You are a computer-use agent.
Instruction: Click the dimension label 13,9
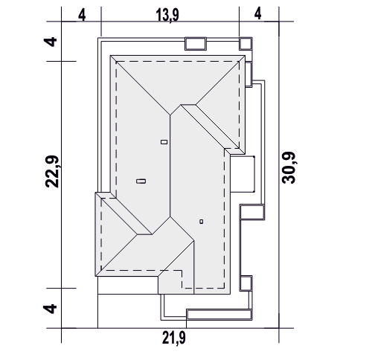point(167,16)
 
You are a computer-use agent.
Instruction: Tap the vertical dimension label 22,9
point(52,172)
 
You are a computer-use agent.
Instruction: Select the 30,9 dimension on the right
point(289,167)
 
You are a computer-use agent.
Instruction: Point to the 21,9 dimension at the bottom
point(174,338)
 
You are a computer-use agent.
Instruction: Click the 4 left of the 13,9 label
point(82,16)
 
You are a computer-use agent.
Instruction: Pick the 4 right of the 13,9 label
point(258,14)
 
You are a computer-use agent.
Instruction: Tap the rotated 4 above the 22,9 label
point(51,42)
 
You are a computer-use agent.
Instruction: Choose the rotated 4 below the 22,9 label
point(50,309)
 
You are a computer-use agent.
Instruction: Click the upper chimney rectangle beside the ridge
point(164,142)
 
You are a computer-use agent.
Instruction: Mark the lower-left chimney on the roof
point(141,181)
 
